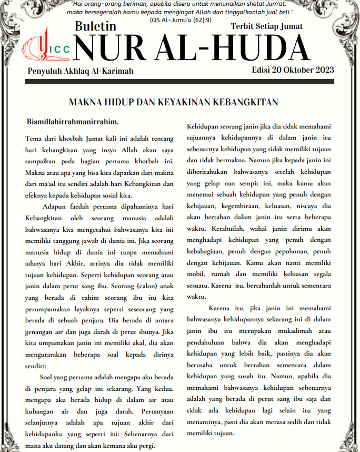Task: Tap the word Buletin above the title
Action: pos(95,26)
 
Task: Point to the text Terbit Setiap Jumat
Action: pos(267,26)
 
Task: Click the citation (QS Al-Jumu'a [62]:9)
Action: pos(179,19)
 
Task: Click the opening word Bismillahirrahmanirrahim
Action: pos(73,122)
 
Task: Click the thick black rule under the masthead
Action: pos(180,82)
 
